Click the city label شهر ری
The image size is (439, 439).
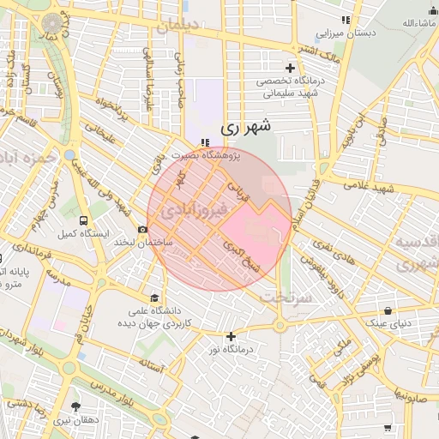[246, 126]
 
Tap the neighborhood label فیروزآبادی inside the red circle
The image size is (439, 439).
[194, 208]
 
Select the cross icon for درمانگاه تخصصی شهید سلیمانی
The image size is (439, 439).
[290, 68]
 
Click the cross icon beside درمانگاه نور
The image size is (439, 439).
[230, 336]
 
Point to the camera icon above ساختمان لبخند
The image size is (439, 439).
[142, 229]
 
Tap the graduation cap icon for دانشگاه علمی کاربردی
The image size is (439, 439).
[154, 297]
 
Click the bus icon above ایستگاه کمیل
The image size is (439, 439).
[83, 220]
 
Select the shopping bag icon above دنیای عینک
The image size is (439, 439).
[389, 310]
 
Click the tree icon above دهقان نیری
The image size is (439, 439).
[76, 406]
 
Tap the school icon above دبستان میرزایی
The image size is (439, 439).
[346, 20]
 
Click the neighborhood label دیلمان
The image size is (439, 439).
[177, 26]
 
